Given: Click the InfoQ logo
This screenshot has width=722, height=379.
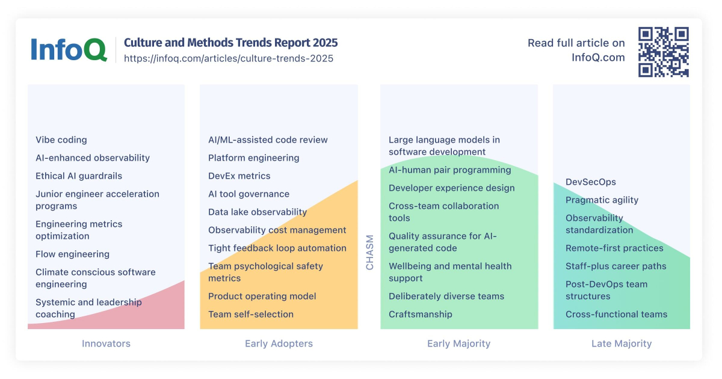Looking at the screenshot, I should [69, 49].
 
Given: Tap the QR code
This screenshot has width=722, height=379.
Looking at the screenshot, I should [663, 52].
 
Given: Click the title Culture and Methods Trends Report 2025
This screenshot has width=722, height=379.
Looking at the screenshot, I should [230, 43].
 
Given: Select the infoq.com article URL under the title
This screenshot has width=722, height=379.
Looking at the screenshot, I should [228, 58].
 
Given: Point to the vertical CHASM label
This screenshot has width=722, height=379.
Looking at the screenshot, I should [369, 252].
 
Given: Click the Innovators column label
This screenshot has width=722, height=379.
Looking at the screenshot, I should [106, 344].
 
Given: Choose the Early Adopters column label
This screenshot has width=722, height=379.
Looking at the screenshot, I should [279, 344].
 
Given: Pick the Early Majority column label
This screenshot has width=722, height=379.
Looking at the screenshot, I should [458, 344].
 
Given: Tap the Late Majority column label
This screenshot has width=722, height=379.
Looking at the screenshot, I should [622, 344].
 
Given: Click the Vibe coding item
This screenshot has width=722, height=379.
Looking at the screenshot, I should [61, 140].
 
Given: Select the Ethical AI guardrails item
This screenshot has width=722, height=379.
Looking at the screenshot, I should [79, 176].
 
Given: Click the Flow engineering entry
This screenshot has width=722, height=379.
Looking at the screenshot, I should [72, 254].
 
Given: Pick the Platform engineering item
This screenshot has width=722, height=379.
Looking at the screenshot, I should [253, 158].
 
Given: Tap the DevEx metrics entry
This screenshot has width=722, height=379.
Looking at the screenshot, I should [239, 176].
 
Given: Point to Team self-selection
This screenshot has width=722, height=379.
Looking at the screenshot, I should [251, 314].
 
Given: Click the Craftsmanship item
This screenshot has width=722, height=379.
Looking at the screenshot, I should [420, 314].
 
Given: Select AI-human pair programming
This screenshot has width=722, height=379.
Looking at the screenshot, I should [449, 170].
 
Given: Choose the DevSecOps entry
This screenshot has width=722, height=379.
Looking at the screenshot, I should [591, 182].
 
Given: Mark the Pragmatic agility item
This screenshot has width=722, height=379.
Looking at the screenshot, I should [602, 200].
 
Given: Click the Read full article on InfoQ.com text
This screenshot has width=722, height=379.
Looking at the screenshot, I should [576, 50].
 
